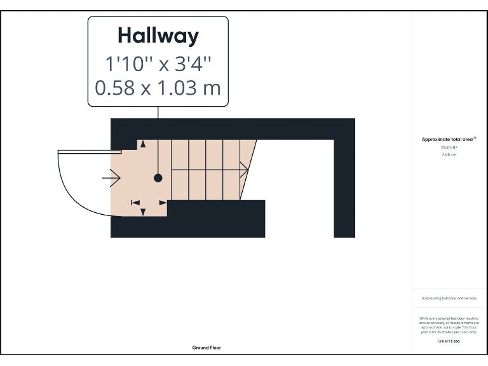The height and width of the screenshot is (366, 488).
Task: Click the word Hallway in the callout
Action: coord(158,36)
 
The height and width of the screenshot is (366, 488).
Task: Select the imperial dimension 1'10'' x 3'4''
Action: coord(158,64)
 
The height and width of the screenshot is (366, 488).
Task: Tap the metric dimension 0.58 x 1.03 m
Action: coord(158,88)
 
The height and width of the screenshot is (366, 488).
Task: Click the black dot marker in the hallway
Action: coord(158,178)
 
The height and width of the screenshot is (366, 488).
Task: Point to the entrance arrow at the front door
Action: coord(111,179)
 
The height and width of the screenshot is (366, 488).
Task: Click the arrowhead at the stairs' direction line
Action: coord(244,169)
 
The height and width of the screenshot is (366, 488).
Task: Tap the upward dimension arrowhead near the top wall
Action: coord(143,144)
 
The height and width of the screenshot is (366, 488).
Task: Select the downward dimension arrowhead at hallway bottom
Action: coord(143,212)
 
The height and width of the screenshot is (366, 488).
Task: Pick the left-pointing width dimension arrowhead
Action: coord(135,202)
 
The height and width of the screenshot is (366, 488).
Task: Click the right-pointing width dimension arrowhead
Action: coord(163,202)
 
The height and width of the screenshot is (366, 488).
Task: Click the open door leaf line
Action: coord(89,151)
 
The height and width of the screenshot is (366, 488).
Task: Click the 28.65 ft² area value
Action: coord(449,147)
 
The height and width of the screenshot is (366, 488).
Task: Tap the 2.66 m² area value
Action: coord(449,154)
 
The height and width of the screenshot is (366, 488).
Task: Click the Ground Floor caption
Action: coord(207,348)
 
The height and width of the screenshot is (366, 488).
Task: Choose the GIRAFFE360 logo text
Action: coord(449,341)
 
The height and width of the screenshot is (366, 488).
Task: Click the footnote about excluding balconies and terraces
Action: coord(449,298)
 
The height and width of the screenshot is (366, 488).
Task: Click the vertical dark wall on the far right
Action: coord(344,184)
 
